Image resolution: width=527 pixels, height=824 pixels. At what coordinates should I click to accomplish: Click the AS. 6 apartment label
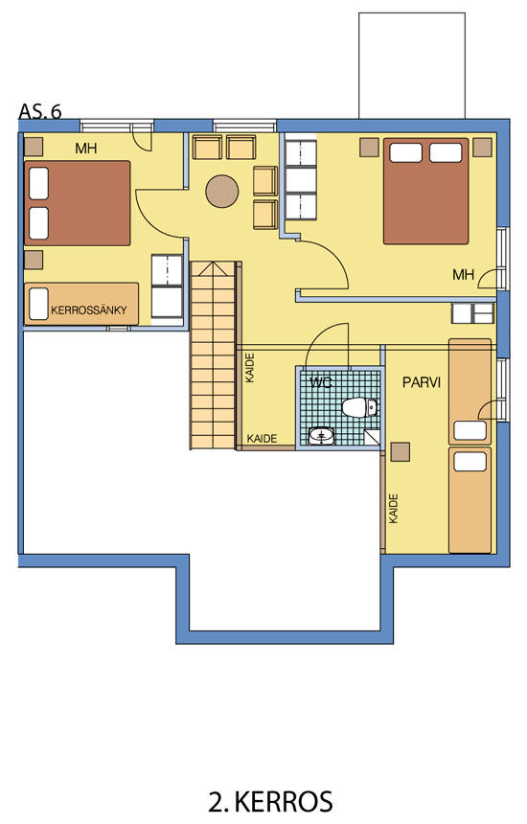[x=40, y=111]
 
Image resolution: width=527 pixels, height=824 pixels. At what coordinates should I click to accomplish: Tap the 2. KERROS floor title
[x=270, y=802]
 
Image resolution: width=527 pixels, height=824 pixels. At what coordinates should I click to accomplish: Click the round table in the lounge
[x=222, y=192]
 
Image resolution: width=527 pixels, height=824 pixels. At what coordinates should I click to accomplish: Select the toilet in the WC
[x=359, y=408]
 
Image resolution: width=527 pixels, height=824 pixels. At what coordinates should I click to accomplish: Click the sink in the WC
[x=321, y=436]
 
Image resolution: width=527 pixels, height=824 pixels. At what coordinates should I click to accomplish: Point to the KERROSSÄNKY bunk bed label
[x=89, y=310]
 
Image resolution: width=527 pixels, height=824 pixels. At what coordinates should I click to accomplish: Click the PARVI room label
[x=422, y=382]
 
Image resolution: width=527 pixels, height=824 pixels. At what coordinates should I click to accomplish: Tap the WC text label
[x=320, y=382]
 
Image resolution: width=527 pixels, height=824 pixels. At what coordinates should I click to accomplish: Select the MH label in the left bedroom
[x=86, y=149]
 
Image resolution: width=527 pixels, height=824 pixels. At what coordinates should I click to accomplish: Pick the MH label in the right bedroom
[x=463, y=274]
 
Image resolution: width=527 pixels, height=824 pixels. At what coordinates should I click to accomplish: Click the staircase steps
[x=213, y=355]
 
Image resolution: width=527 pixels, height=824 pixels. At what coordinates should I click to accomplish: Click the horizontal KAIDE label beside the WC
[x=262, y=438]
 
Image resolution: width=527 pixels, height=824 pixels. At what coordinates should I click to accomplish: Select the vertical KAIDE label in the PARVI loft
[x=394, y=508]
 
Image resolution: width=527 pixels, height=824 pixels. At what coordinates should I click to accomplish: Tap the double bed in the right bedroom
[x=425, y=192]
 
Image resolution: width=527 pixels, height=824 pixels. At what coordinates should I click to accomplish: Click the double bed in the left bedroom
[x=78, y=203]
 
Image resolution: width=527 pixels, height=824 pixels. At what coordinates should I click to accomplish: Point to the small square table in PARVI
[x=401, y=452]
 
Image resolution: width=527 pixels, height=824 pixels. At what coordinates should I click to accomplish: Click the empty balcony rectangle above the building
[x=412, y=66]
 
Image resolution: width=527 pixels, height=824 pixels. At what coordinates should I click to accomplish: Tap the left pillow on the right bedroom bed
[x=405, y=152]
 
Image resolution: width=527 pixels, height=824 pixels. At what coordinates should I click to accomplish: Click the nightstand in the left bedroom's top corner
[x=34, y=147]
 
